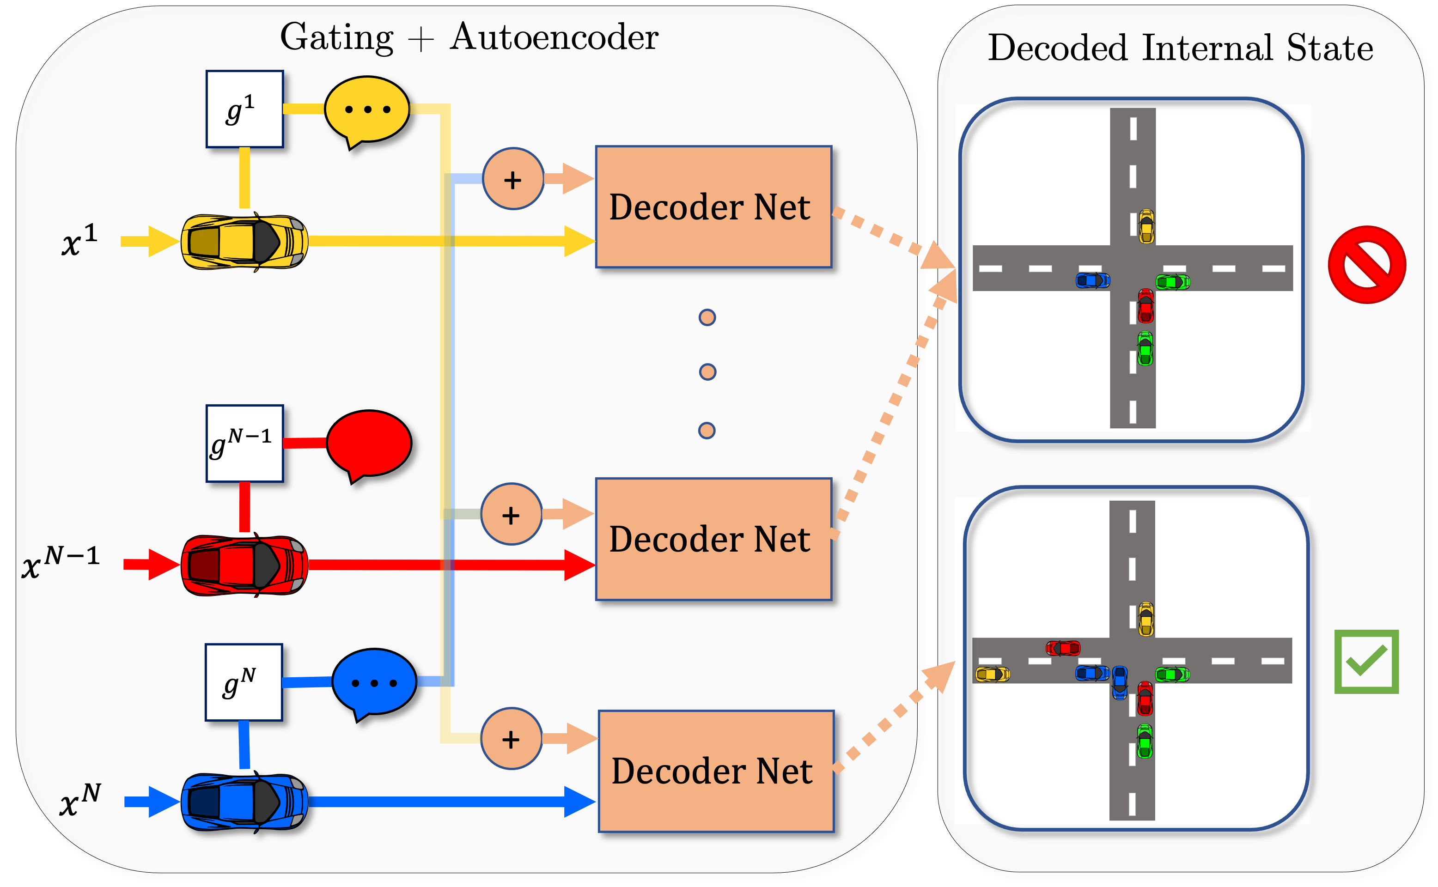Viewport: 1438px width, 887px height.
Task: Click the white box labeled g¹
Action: coord(244,109)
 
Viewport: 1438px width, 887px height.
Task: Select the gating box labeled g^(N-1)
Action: coord(244,443)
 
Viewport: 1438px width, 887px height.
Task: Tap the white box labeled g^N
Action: coord(244,682)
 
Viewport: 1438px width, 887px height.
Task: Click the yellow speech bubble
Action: coord(367,109)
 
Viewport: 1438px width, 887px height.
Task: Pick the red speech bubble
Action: coord(368,444)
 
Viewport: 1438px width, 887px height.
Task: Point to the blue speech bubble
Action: coord(374,682)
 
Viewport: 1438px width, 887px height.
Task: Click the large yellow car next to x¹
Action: coord(244,242)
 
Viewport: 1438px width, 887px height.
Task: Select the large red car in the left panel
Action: coord(244,565)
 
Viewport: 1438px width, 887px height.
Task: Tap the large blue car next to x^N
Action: coord(244,802)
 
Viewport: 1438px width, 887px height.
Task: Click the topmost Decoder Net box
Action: coord(713,207)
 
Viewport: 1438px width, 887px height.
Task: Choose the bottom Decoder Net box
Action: coord(716,772)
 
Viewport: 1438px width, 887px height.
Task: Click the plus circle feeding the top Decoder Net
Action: coord(513,179)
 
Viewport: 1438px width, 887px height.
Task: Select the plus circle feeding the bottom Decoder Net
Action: coord(511,739)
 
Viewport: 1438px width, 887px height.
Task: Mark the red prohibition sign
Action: coord(1366,265)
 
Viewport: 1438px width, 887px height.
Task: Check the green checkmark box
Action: coord(1366,662)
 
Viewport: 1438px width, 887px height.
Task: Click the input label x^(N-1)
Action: coord(61,562)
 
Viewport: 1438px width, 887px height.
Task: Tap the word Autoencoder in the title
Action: coord(554,37)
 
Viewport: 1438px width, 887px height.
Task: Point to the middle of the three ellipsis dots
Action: coord(707,372)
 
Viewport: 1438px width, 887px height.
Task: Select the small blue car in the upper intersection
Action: coord(1092,280)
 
